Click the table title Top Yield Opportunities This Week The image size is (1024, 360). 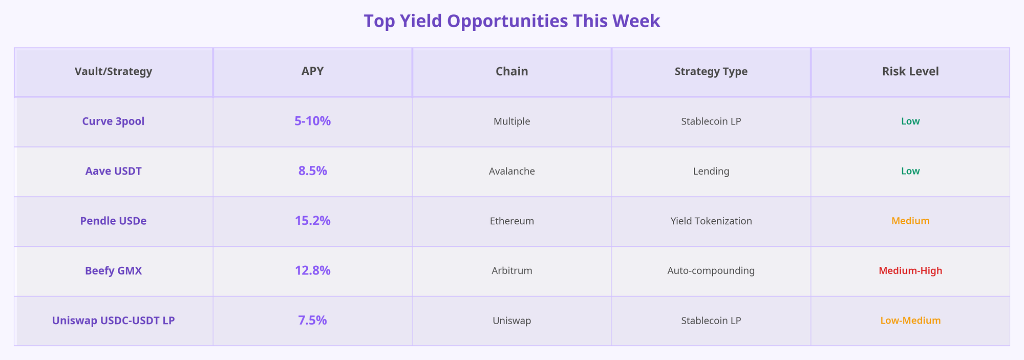511,21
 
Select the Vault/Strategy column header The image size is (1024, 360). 113,72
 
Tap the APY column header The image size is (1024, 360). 312,72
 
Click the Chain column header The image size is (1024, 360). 511,72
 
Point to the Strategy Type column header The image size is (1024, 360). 711,72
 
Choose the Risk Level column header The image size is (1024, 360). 910,72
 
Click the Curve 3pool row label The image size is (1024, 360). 113,121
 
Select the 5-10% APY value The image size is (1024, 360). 312,121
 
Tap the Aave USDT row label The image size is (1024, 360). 113,171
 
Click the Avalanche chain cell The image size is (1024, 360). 511,171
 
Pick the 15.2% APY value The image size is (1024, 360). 312,221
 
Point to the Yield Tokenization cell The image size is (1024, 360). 711,221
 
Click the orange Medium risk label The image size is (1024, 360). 910,221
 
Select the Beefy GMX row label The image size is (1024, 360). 113,270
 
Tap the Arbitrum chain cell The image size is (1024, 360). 511,270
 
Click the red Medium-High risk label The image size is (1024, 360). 910,270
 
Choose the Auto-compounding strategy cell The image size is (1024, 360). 711,270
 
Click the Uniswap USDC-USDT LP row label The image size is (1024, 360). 113,321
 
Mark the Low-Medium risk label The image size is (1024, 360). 910,321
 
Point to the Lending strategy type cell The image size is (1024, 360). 711,171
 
